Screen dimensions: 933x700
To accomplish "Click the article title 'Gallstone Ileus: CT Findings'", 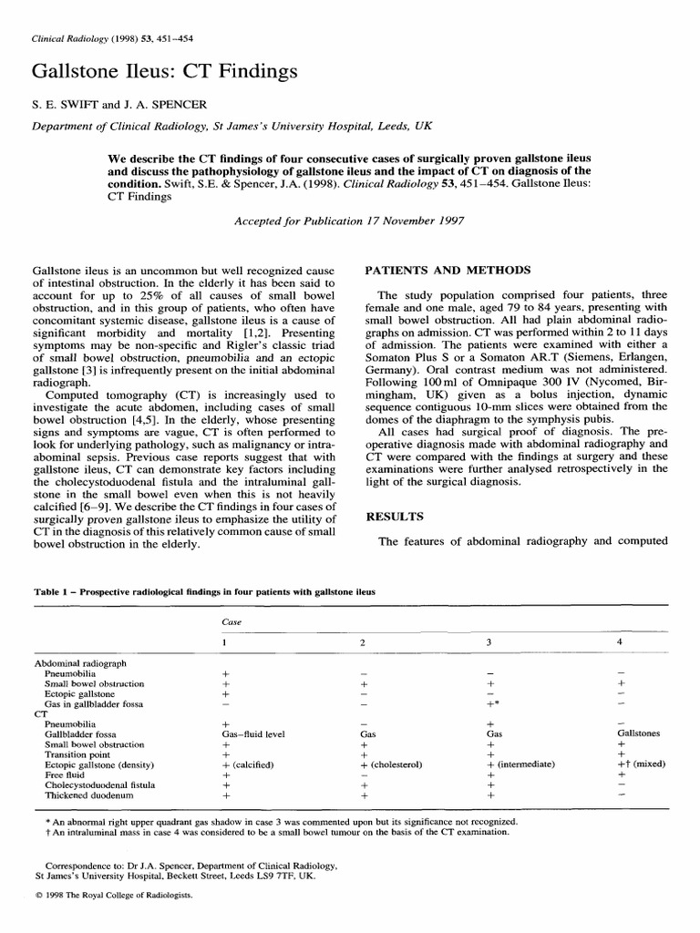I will [x=164, y=71].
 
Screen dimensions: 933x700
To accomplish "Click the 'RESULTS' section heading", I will [x=394, y=517].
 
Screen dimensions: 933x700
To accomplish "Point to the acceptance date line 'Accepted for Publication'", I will [x=350, y=221].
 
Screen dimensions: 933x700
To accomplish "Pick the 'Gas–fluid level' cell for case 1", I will [x=253, y=733].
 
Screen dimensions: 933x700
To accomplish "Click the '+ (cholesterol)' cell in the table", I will [x=395, y=764].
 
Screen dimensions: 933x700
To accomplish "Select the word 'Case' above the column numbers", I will [x=232, y=621].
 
